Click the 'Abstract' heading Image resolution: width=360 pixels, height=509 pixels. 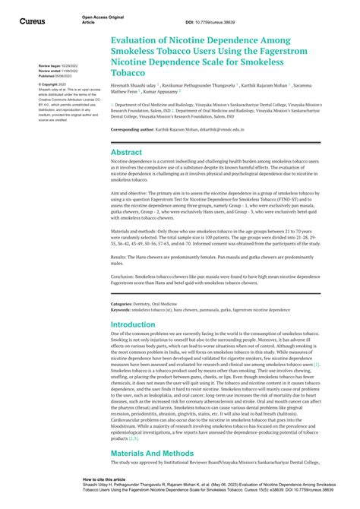pyautogui.click(x=127, y=152)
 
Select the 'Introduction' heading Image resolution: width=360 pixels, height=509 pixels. pyautogui.click(x=134, y=324)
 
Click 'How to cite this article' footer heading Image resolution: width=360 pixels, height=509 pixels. pyautogui.click(x=106, y=480)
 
